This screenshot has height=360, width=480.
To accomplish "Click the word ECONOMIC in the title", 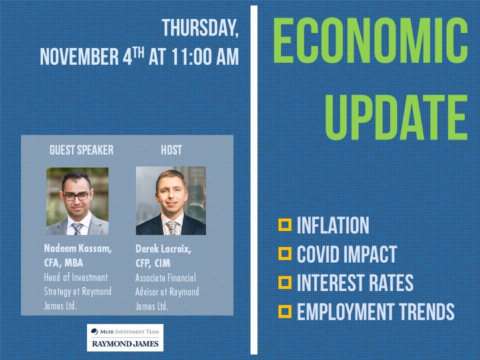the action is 370,40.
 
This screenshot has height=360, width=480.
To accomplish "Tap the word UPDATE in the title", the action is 396,117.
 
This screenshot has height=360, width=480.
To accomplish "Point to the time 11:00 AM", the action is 205,56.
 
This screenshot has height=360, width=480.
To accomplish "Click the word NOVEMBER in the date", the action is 79,56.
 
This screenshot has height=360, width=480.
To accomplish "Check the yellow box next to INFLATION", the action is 284,224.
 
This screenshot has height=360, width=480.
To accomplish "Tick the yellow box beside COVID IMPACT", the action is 284,253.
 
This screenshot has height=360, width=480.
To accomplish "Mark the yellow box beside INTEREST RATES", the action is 284,282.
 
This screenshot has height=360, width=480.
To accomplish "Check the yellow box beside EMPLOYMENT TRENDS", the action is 284,311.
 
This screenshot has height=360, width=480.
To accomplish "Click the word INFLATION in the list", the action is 333,225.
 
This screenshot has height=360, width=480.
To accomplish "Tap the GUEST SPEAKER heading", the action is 81,150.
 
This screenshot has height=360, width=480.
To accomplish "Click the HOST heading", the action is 171,150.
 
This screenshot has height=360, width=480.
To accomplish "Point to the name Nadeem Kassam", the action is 78,248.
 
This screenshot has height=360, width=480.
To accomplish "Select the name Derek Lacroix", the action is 163,249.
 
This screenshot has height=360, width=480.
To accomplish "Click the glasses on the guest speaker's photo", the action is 76,196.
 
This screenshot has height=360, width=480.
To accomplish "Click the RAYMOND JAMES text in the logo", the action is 125,344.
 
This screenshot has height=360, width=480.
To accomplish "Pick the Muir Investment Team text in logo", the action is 129,331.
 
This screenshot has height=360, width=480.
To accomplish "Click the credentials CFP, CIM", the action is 153,263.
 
